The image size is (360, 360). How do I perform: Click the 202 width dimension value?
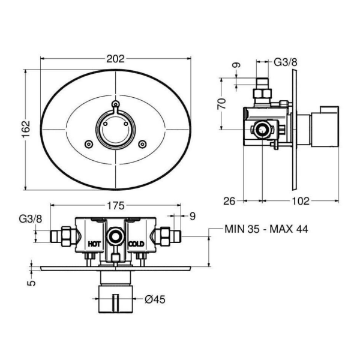coord(115,59)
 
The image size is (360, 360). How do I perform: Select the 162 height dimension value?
coord(26,129)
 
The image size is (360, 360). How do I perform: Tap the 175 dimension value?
coord(116,205)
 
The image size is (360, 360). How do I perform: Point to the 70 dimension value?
coord(222,104)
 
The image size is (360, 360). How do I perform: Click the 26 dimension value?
coord(229,202)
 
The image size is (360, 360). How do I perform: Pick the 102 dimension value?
coord(301,202)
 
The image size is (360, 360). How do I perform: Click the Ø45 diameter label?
coord(155,299)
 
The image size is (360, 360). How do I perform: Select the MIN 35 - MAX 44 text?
coord(266,229)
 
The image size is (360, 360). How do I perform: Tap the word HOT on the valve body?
coord(94,244)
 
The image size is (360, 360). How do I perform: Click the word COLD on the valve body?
coord(136,244)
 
